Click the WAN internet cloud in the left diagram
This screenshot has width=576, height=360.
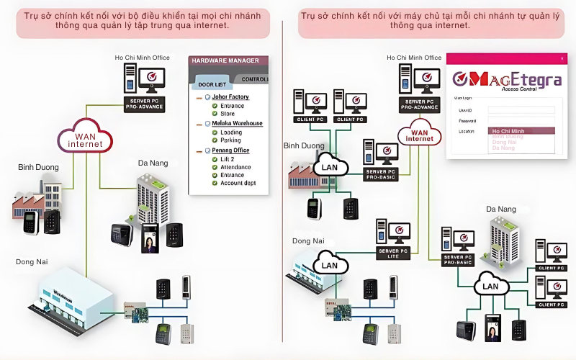coord(86,138)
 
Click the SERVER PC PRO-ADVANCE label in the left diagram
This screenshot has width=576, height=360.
coord(144,104)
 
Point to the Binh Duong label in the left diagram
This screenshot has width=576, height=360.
coord(38,167)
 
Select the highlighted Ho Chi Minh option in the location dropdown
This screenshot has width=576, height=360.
coord(512,131)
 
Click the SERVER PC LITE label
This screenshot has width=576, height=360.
coord(392,253)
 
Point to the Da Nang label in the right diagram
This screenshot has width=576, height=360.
coord(501,209)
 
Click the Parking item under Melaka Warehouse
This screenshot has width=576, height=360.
coord(231,140)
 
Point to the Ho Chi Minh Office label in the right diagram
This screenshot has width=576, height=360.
coord(414,58)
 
